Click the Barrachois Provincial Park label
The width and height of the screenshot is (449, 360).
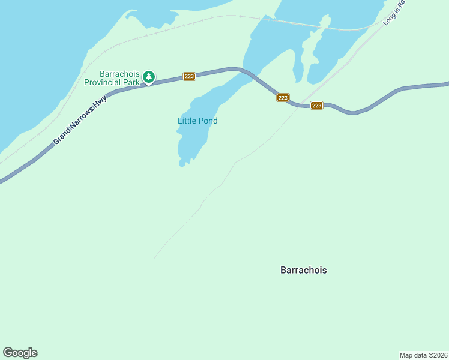[119, 78]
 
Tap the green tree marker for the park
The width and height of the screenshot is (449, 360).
[149, 77]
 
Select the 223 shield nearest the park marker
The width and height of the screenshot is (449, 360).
[190, 76]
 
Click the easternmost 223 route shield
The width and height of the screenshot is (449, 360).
[317, 106]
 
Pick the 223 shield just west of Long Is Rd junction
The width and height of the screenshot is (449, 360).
[283, 97]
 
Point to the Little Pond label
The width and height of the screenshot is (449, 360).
[197, 121]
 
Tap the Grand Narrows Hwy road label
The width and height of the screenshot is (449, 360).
[79, 119]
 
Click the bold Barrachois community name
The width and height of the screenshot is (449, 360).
[304, 270]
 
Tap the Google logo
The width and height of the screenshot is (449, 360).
[20, 353]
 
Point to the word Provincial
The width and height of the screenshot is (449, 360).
[103, 82]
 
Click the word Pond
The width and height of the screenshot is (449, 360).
[208, 121]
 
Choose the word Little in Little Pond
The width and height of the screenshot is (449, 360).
[187, 121]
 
